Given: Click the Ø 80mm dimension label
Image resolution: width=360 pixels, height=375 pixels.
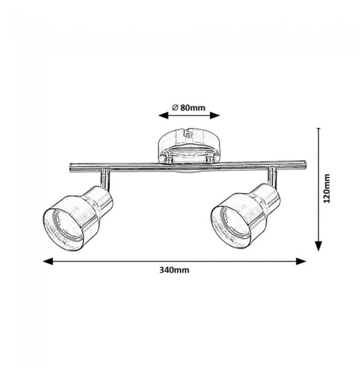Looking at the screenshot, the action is click(x=188, y=108).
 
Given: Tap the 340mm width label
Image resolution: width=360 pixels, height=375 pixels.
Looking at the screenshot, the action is click(x=174, y=270).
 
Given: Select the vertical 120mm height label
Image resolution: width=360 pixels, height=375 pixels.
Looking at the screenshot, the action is click(x=327, y=188).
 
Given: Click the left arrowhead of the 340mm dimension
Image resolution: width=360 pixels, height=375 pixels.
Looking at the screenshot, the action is click(x=48, y=261).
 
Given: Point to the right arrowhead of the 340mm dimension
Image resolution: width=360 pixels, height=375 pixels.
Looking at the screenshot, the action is click(x=301, y=261).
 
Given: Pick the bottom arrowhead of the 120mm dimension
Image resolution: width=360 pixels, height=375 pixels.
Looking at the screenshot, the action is click(x=318, y=246).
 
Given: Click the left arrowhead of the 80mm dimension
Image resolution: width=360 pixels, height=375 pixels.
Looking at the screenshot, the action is click(x=163, y=116).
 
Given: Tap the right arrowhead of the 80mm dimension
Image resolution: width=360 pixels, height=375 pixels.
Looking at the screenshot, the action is click(x=215, y=116).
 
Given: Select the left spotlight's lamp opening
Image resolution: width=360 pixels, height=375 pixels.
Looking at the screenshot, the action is click(x=63, y=229).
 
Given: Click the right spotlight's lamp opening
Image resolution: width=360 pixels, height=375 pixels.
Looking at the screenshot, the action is click(x=232, y=227).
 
